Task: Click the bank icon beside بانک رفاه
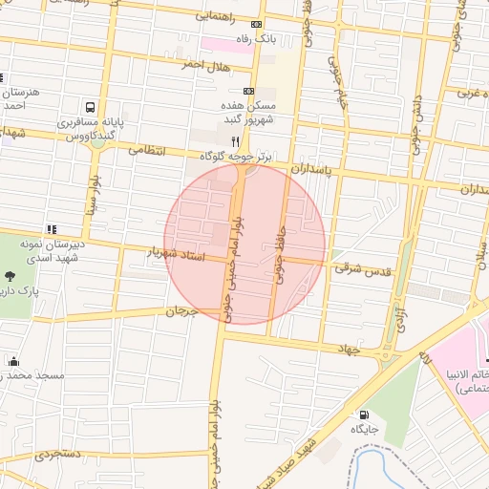255,24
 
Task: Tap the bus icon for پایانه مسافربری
90,107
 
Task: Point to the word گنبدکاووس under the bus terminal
92,138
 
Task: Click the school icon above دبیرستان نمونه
51,229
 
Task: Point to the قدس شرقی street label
356,269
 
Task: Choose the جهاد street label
345,351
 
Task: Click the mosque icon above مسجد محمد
12,361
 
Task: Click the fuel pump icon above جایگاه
364,415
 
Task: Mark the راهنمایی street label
219,16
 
